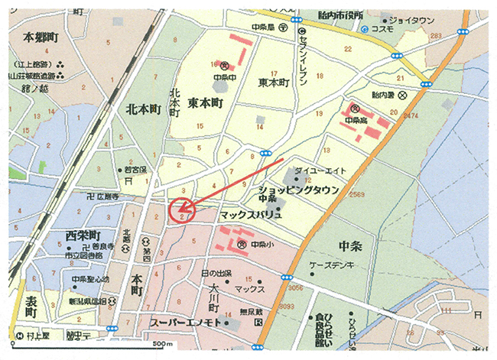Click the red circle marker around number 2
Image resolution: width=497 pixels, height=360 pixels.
(180, 209)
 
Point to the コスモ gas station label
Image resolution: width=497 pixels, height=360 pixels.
(385, 30)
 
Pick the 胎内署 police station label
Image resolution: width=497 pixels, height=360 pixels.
(386, 96)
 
